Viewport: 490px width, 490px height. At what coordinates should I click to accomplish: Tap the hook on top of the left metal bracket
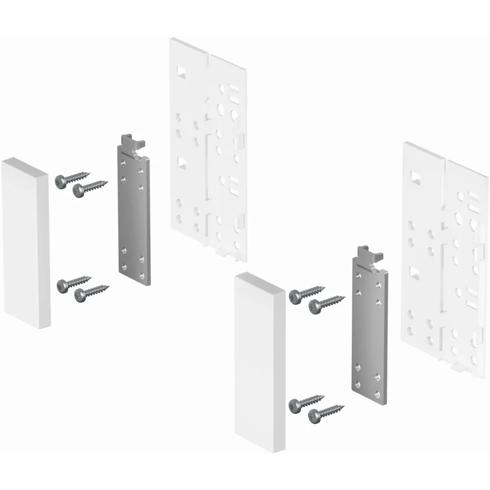click(132, 142)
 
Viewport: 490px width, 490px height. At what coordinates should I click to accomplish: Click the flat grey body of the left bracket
click(134, 216)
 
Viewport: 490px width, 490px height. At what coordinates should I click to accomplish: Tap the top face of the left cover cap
click(24, 166)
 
